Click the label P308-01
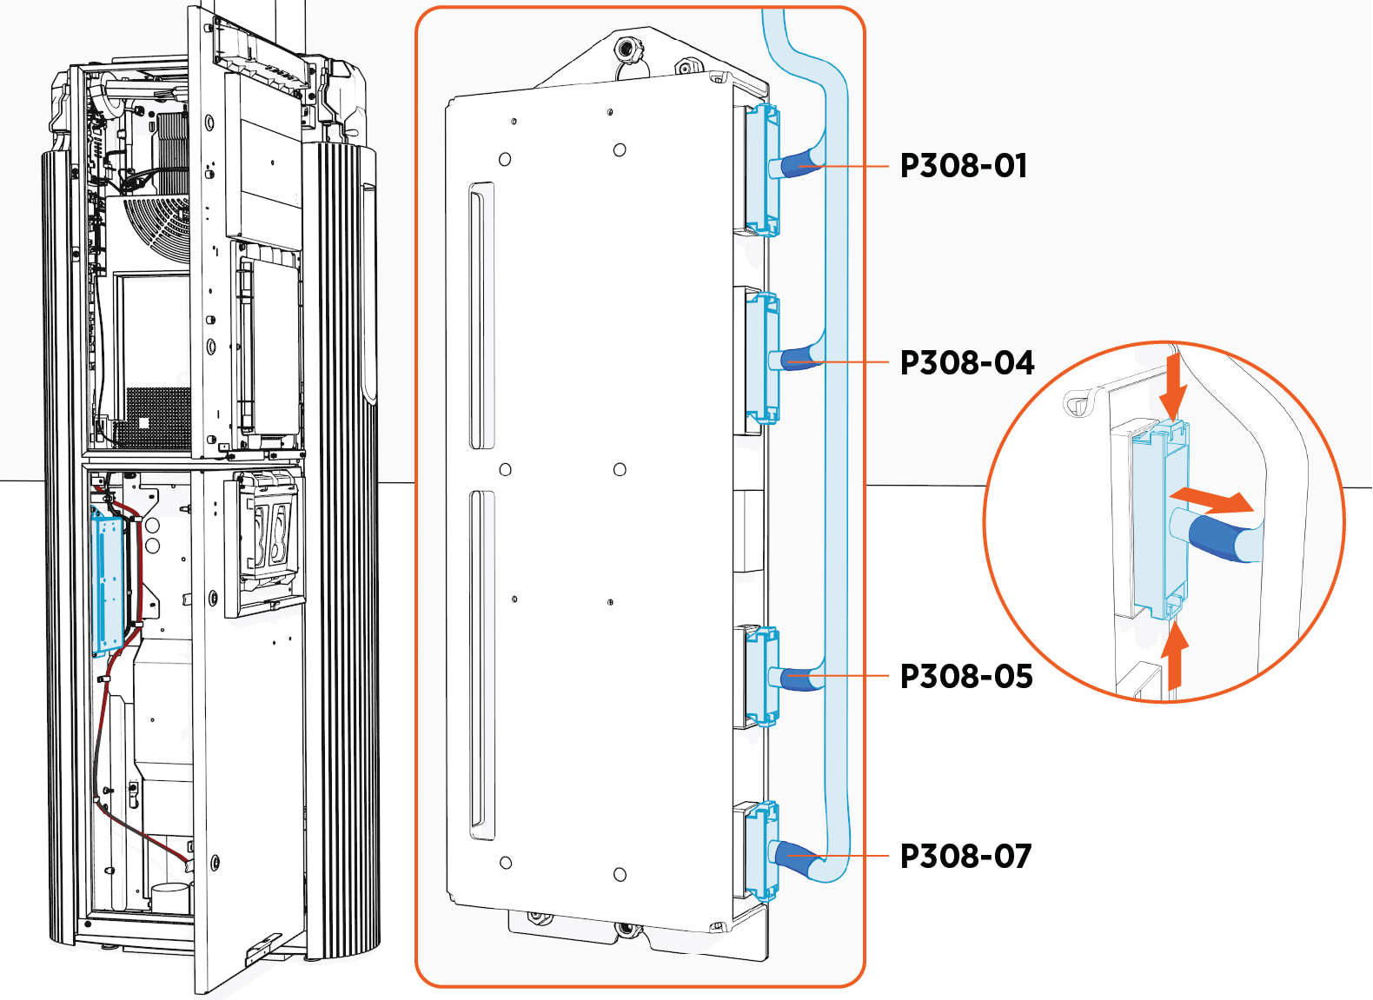pos(963,165)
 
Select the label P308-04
pos(966,362)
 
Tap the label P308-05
pos(965,676)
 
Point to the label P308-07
pos(965,856)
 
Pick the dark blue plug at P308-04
pos(799,359)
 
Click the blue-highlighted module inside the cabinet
pos(109,582)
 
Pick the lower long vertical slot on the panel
pos(481,665)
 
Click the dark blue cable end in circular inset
pos(1218,538)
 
